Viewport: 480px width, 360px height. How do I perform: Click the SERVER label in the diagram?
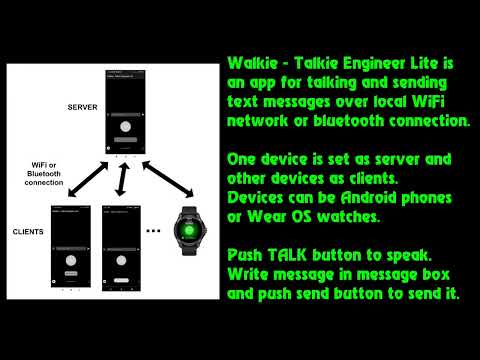[x=82, y=106]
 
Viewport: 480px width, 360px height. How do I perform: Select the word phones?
[x=442, y=195]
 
